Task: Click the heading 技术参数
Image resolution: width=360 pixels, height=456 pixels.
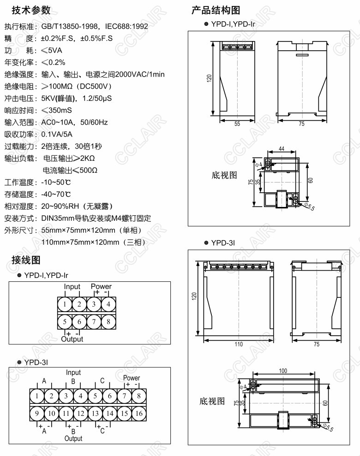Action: click(x=31, y=11)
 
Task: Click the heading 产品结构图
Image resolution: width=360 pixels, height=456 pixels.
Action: click(x=215, y=11)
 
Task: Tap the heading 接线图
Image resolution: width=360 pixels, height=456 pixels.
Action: click(x=26, y=261)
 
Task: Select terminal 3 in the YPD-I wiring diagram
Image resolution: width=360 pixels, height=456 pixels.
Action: click(x=94, y=304)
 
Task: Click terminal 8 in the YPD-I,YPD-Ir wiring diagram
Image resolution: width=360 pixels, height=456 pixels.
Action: click(x=108, y=322)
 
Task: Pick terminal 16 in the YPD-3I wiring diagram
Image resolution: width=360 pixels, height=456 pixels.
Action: click(x=138, y=414)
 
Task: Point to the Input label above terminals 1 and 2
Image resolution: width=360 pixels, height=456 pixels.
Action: click(x=72, y=287)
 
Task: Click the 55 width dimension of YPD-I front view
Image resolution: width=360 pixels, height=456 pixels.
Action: click(x=237, y=124)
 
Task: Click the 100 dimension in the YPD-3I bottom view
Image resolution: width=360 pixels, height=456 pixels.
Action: click(x=283, y=371)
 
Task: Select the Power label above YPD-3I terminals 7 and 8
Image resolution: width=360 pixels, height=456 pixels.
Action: click(x=132, y=378)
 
